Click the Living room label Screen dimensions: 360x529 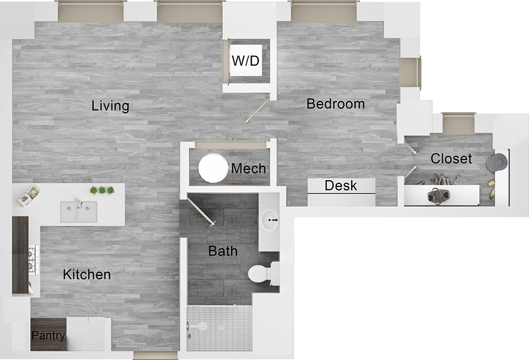pos(110,106)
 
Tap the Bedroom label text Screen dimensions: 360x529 pos(335,104)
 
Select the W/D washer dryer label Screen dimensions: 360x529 pos(245,61)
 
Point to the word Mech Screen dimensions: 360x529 pos(248,169)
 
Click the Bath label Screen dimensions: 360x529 pos(223,251)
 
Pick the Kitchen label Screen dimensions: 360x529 pos(87,275)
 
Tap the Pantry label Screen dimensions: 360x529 pos(48,336)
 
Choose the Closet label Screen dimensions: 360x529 pos(451,159)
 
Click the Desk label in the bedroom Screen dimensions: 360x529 pos(341,186)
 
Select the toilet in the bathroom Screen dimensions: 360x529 pos(261,273)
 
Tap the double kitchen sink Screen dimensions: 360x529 pos(79,212)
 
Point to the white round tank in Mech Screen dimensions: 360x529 pos(213,168)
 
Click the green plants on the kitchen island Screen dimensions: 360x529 pos(102,190)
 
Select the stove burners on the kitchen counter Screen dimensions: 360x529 pos(34,259)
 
